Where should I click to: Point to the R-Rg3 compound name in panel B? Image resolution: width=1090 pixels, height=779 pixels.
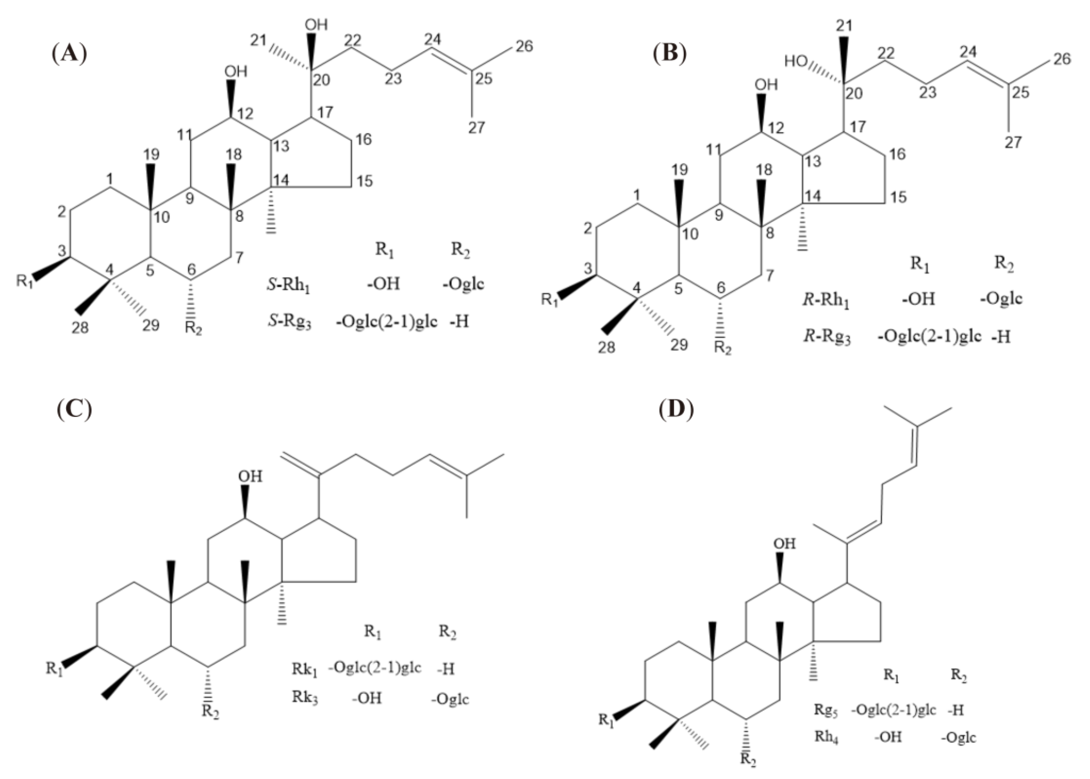(x=827, y=338)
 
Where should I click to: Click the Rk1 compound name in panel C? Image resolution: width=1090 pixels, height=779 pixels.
(x=305, y=669)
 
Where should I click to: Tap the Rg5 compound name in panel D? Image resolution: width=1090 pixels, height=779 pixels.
(x=826, y=710)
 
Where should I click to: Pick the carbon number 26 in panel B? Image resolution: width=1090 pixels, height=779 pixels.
(x=1061, y=59)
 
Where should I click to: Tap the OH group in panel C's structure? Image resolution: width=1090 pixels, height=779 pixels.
(x=250, y=476)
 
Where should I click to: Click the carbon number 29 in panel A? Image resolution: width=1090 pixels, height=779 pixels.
(x=150, y=326)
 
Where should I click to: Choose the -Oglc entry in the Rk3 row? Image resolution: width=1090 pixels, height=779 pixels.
(x=450, y=699)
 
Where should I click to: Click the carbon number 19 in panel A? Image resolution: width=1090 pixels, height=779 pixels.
(x=151, y=154)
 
